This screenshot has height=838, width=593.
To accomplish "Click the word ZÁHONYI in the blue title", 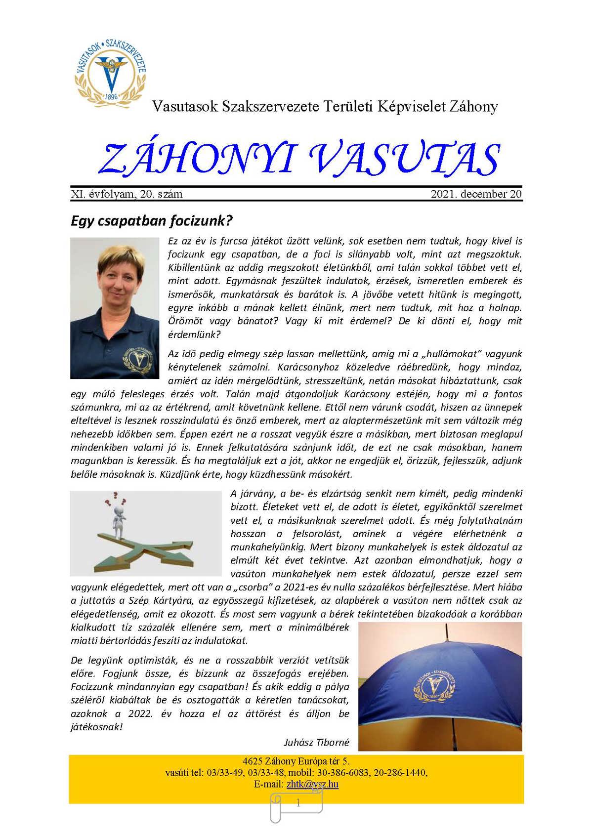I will [x=198, y=159].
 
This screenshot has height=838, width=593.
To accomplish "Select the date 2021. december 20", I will [x=476, y=194].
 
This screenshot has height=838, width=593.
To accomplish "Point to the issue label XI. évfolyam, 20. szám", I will [x=127, y=194].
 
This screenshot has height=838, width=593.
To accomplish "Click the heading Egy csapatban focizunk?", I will [x=151, y=220].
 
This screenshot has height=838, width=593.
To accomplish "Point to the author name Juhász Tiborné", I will [x=316, y=742].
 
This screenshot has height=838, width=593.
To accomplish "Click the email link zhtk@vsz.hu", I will [x=312, y=784].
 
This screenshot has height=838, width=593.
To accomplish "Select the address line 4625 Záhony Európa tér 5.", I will [x=296, y=761].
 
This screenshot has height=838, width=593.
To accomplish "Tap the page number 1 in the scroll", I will [x=298, y=803].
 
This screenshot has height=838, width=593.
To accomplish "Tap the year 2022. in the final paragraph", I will [x=140, y=713].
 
